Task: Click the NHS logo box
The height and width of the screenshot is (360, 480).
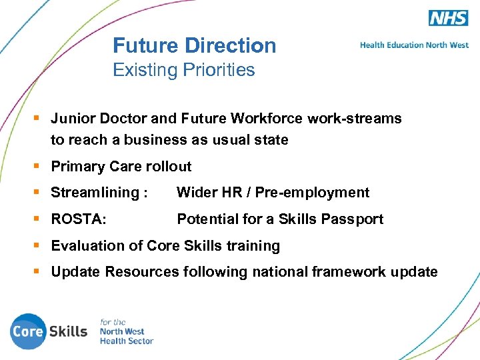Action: (x=448, y=18)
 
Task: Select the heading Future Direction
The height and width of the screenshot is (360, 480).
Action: (x=194, y=45)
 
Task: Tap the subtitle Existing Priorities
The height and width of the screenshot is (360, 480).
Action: (x=184, y=70)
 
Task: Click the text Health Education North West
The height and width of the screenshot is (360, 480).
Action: (x=414, y=45)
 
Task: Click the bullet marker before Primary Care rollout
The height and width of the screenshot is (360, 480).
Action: (x=37, y=166)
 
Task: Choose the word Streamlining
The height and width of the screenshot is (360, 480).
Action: (x=94, y=193)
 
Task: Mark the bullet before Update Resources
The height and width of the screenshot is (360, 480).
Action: (x=37, y=271)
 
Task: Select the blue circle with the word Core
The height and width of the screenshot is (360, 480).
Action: (x=27, y=331)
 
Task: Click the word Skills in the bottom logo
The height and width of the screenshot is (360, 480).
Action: (x=68, y=331)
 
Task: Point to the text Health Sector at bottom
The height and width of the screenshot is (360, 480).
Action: (x=127, y=341)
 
